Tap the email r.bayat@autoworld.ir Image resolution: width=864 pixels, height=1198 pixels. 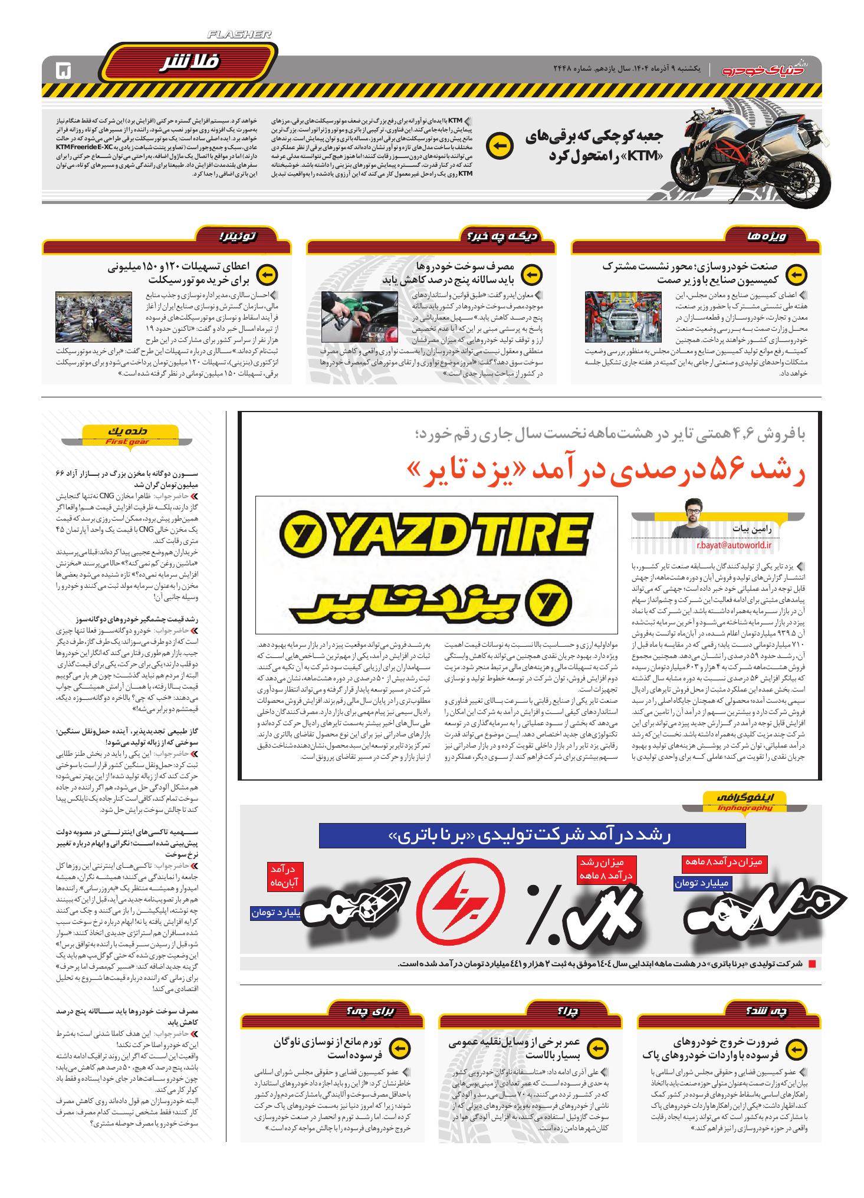(734, 545)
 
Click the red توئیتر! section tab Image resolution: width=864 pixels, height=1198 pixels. (236, 237)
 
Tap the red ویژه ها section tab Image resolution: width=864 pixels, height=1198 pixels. (765, 237)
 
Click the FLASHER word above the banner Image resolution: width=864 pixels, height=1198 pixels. (240, 35)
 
